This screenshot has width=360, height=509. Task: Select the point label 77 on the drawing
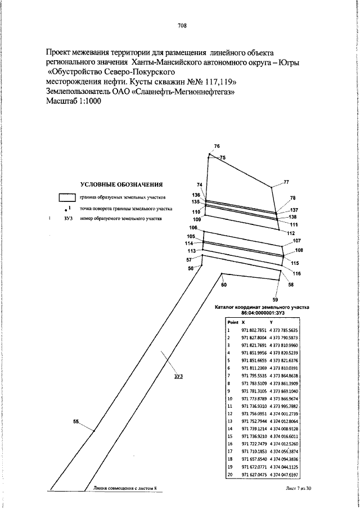point(286,182)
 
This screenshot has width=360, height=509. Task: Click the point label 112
point(291,233)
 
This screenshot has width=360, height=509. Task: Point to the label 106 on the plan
point(193,227)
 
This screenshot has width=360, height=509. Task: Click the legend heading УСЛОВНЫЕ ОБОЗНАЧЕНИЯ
point(121,184)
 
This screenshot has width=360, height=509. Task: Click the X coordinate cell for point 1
point(253,331)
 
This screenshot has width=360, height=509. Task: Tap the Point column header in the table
point(233,322)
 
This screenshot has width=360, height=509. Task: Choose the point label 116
point(296,273)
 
